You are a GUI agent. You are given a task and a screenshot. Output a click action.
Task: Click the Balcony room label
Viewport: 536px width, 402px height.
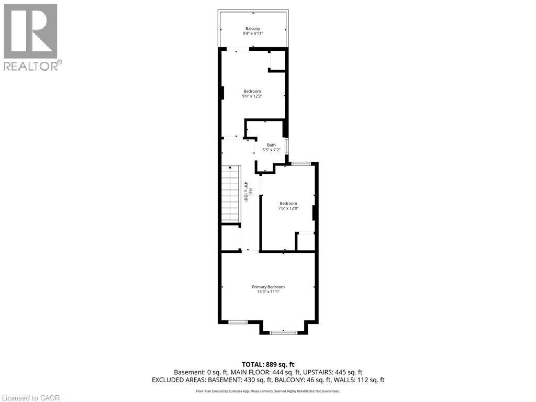[253, 28]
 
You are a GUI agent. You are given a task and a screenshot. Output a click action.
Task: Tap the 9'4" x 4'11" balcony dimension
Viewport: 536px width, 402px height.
[253, 33]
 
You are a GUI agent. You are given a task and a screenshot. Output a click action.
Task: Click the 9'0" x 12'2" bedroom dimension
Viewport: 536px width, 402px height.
[252, 96]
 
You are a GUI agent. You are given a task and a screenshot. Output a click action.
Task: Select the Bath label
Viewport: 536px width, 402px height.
[271, 145]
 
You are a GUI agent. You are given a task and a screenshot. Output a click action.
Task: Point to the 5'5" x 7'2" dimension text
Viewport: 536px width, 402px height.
[271, 150]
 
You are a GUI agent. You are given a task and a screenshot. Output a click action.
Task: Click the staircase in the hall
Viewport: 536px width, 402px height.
[230, 194]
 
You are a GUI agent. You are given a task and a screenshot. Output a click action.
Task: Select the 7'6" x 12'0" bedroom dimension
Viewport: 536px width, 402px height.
[288, 208]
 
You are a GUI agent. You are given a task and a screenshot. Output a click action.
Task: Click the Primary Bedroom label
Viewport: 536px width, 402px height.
[268, 287]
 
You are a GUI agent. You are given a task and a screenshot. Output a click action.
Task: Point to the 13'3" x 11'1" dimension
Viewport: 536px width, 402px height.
[268, 292]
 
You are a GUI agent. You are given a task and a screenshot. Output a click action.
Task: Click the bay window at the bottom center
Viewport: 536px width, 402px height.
[284, 331]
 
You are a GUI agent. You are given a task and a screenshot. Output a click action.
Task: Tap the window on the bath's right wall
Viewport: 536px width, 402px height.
[286, 145]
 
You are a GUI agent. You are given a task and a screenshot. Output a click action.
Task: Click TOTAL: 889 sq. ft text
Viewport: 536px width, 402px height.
[268, 364]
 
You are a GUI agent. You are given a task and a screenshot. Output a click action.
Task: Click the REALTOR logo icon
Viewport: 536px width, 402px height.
[30, 31]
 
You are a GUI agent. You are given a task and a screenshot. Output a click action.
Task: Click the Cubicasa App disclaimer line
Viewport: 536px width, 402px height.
[268, 391]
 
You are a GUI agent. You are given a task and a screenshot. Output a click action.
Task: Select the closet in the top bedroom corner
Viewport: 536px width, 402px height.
[277, 61]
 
